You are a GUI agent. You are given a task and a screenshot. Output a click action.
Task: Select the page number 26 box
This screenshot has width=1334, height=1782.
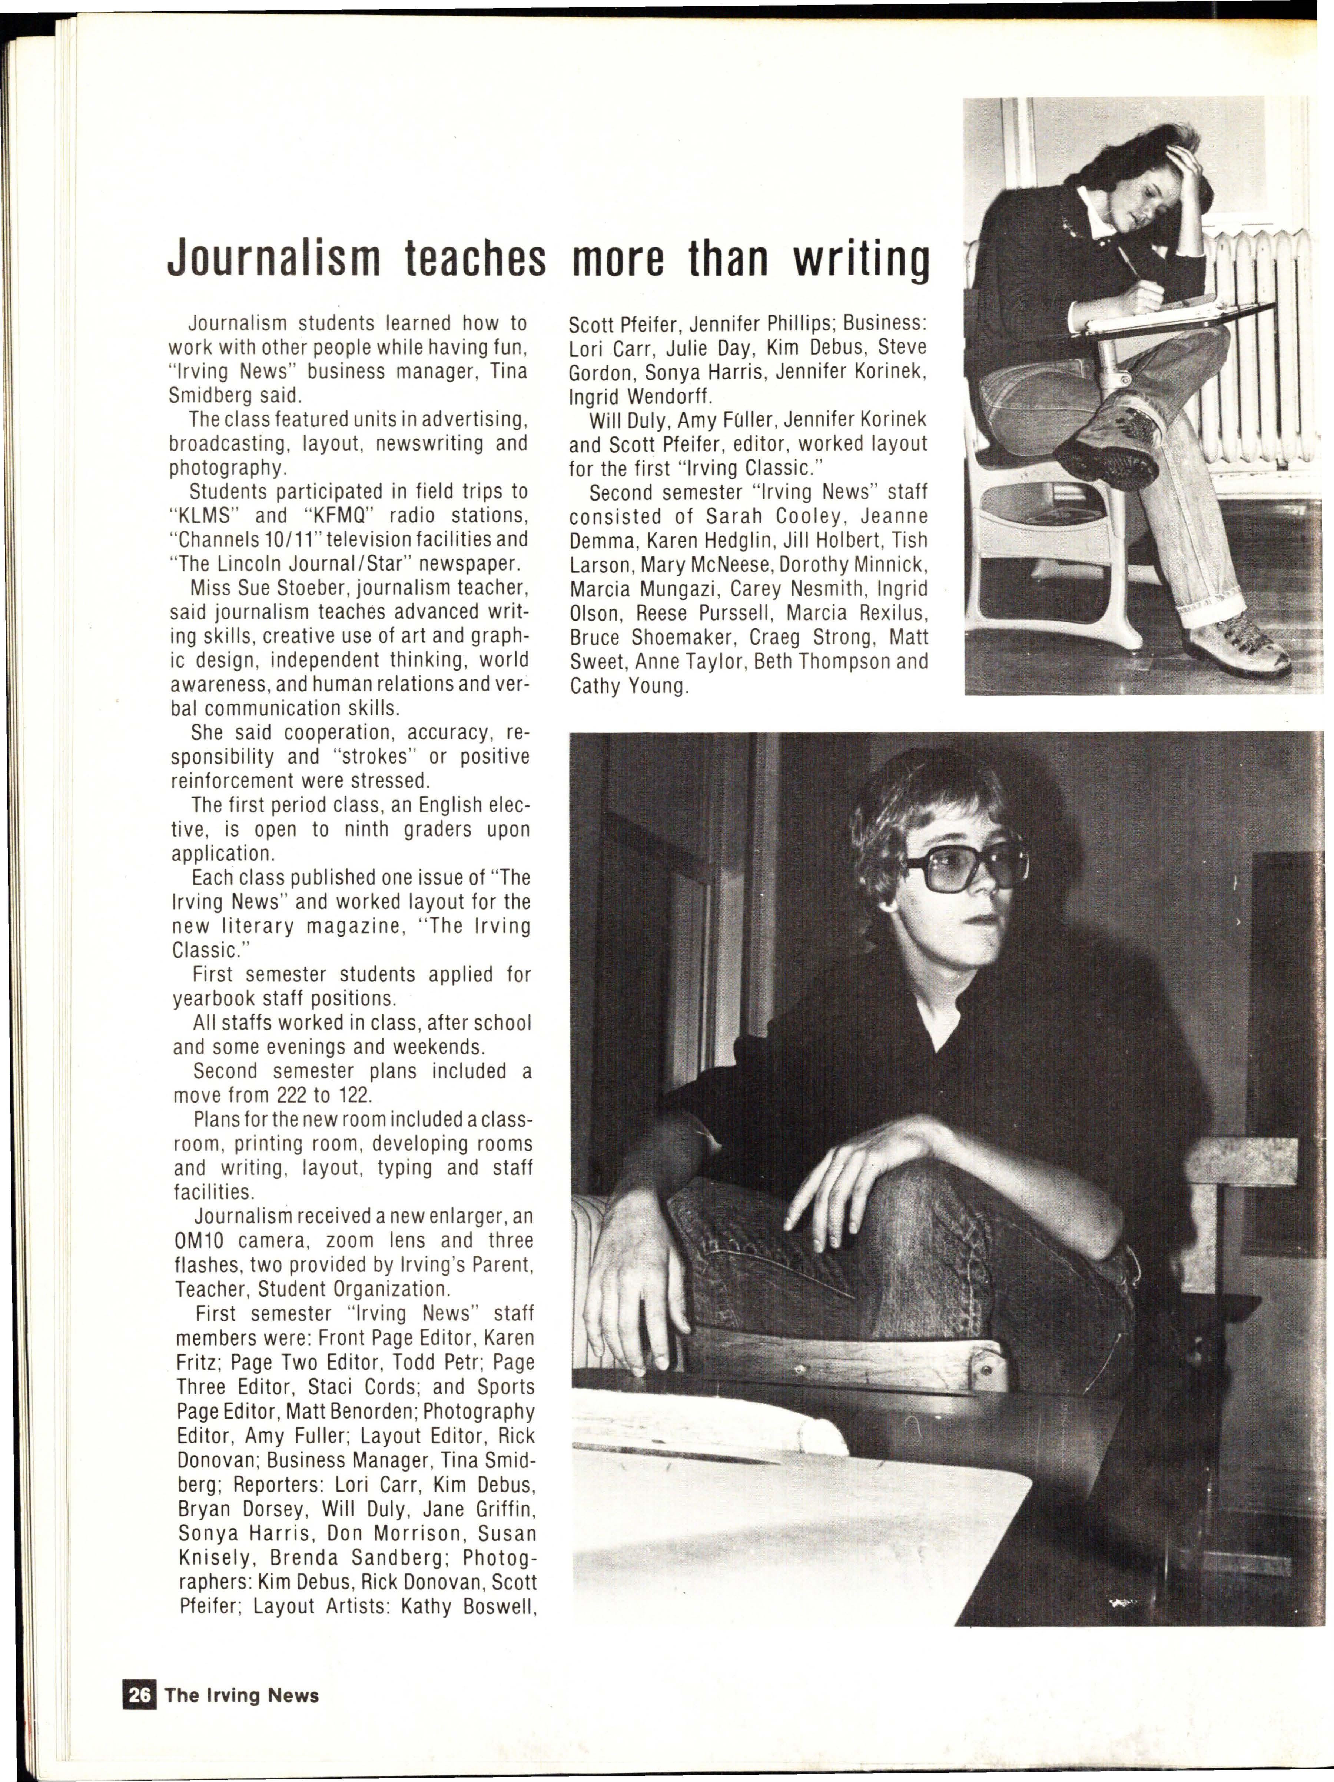(x=139, y=1695)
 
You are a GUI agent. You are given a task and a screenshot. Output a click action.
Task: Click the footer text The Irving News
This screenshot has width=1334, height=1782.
(x=242, y=1695)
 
